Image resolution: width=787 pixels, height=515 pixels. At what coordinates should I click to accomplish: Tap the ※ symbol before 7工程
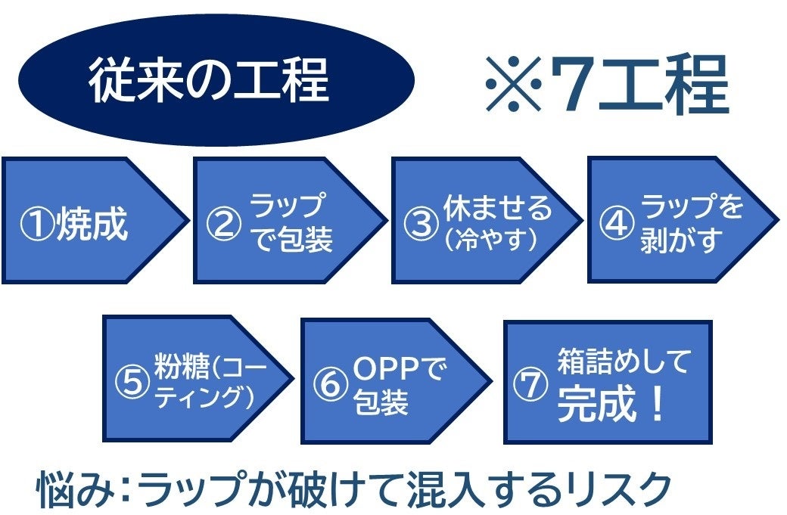tap(514, 82)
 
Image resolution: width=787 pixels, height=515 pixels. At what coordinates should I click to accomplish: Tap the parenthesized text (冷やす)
tap(492, 240)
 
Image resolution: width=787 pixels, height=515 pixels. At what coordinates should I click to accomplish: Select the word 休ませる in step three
tap(497, 208)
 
